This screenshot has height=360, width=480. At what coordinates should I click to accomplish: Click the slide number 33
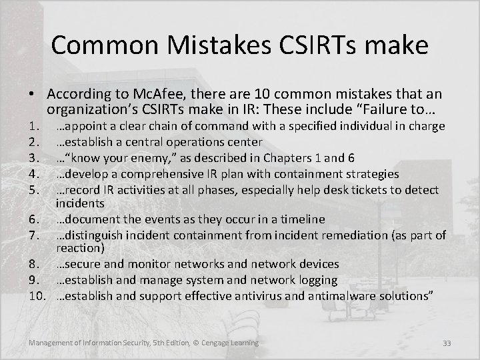coord(447,344)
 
